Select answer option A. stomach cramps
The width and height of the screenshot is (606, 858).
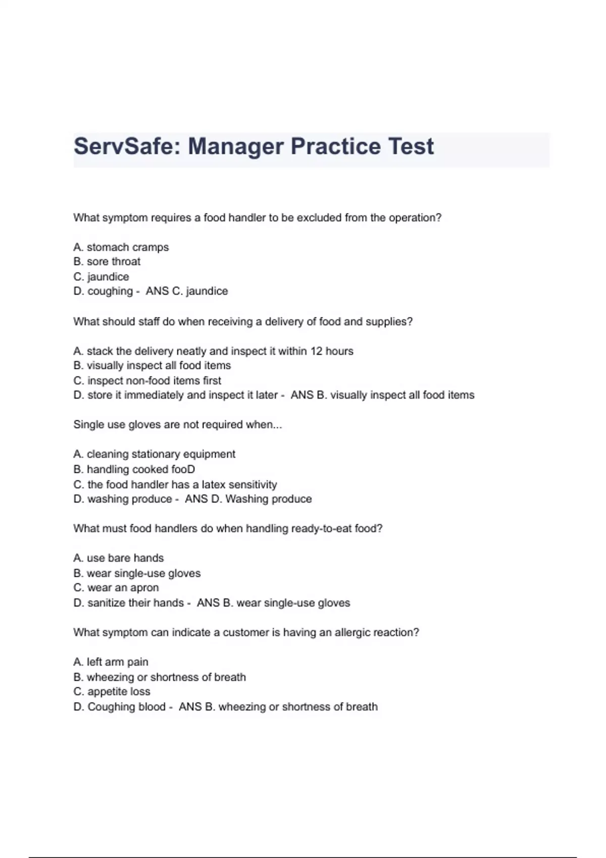coord(121,247)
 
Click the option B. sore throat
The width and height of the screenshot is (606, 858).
coord(107,261)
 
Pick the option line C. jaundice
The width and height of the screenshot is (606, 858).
coord(101,277)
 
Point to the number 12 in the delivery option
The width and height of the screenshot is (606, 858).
coord(316,351)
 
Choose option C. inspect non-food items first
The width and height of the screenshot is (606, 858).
coord(147,381)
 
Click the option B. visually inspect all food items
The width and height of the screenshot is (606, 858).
coord(152,365)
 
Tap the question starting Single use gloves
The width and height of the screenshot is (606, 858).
coord(177,425)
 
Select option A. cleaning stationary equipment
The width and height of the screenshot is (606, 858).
coord(154,454)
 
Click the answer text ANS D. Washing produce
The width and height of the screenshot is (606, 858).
coord(248,499)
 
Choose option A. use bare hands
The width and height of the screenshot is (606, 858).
coord(119,558)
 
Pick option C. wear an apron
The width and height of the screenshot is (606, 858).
coord(116,588)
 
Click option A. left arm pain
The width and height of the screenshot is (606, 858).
coord(111,662)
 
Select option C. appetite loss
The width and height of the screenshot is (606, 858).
coord(112,692)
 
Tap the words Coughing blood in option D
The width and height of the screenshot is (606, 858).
coord(126,707)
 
